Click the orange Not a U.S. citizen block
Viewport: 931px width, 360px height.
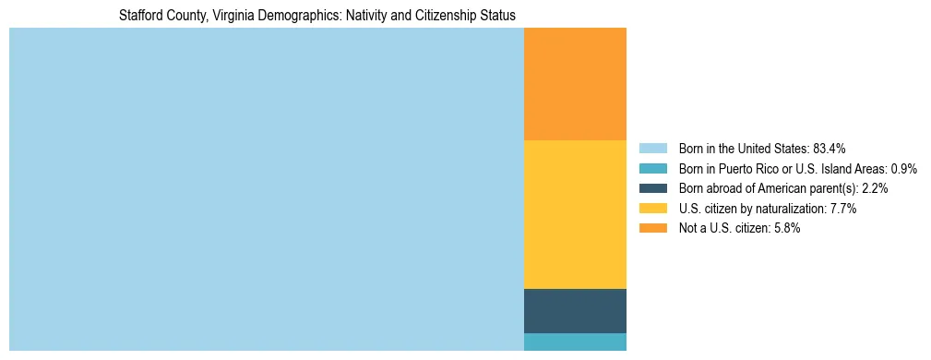coord(575,84)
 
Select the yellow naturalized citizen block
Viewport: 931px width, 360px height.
coord(575,214)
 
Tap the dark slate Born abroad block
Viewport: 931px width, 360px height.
coord(575,310)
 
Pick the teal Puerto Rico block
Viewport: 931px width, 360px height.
coord(575,342)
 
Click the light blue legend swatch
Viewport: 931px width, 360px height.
coord(652,148)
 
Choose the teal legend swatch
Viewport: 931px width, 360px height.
coord(652,168)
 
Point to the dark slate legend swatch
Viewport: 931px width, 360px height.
coord(652,188)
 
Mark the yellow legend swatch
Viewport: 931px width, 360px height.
coord(652,209)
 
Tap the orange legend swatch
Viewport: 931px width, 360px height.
coord(652,228)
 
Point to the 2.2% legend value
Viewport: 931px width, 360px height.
coord(874,188)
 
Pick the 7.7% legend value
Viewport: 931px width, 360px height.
coord(843,209)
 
